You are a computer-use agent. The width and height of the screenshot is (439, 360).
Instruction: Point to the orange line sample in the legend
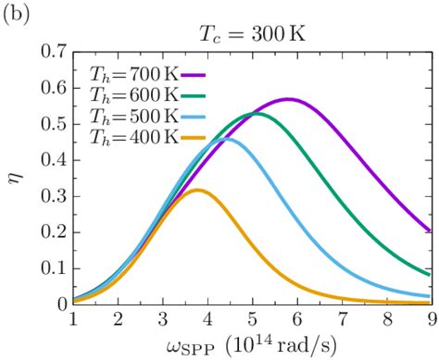(x=197, y=137)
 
